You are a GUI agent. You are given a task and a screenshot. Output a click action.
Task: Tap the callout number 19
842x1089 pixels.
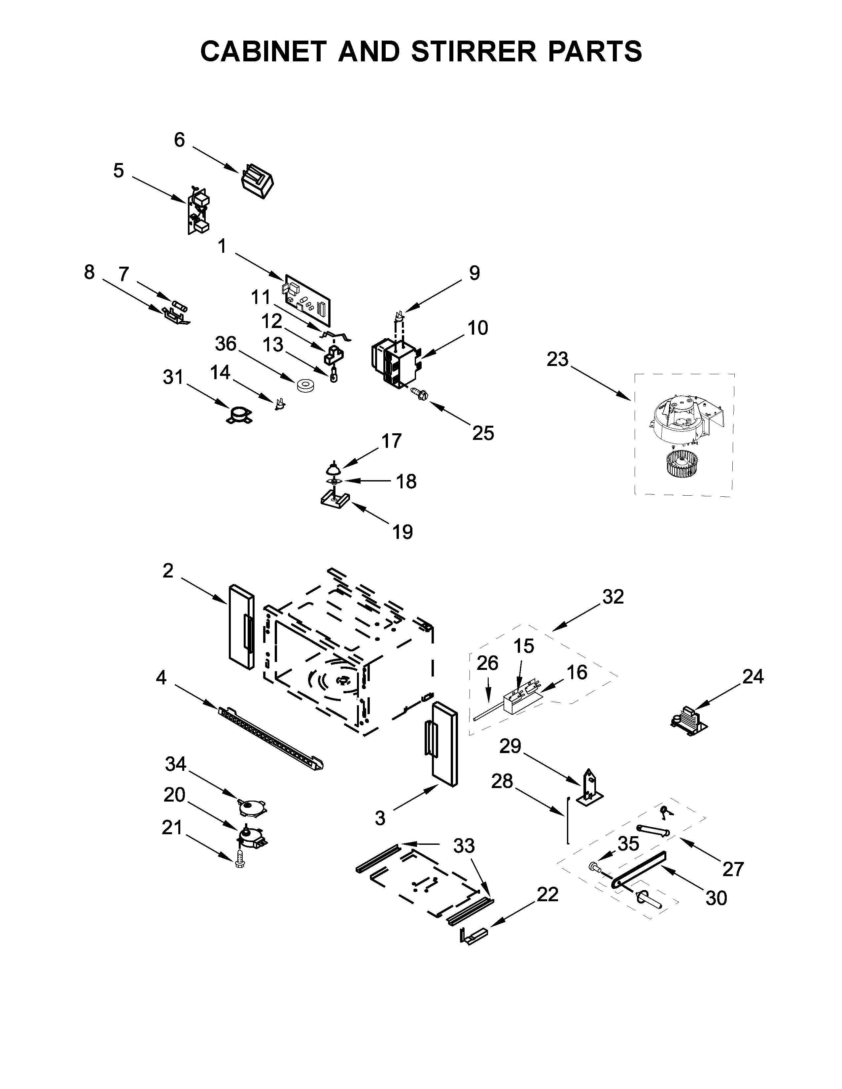pos(403,532)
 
